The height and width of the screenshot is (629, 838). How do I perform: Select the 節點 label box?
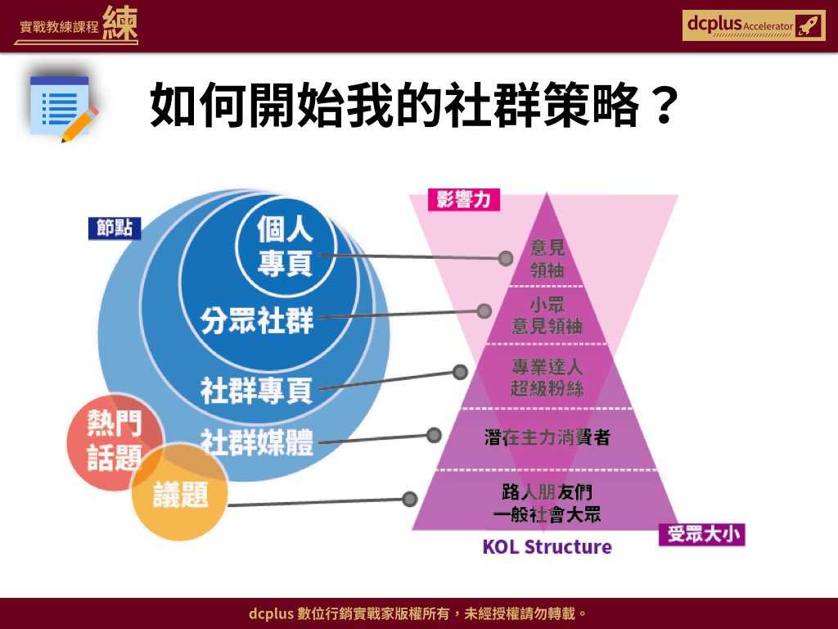tap(115, 229)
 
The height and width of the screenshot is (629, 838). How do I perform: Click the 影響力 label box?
tap(464, 200)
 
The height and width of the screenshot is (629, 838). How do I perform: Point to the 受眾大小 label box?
tap(701, 535)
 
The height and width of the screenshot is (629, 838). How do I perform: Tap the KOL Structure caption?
tap(547, 546)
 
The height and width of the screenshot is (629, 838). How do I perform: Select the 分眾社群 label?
tap(257, 320)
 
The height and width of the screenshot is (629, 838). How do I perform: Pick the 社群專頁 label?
tap(257, 391)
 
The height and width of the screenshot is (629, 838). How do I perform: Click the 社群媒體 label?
tap(257, 442)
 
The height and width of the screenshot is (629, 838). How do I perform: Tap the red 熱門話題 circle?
tap(115, 440)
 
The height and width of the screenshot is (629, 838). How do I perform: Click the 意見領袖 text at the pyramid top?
tap(547, 258)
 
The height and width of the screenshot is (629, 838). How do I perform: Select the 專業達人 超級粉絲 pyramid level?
tap(547, 378)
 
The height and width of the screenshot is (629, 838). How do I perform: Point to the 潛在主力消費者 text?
tap(547, 437)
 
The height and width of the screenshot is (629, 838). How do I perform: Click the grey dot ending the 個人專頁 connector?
tap(506, 258)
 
